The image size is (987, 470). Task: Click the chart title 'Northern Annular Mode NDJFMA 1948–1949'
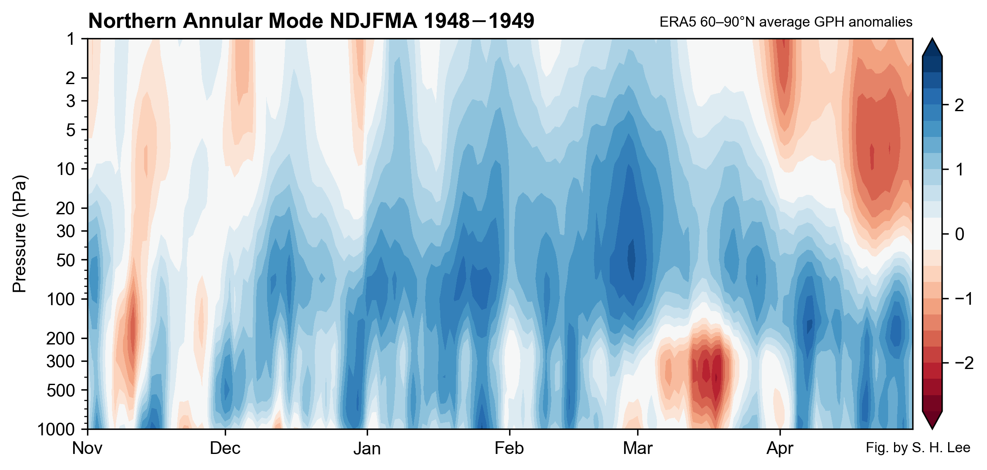[x=311, y=21]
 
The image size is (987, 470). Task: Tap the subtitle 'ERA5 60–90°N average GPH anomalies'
[x=785, y=22]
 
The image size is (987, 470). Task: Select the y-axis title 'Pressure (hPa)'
[x=19, y=233]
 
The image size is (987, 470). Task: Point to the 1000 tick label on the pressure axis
[x=56, y=429]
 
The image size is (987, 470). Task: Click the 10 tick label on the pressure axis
[x=65, y=169]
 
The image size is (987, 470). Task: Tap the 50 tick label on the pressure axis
[x=65, y=260]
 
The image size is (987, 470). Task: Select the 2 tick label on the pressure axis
[x=70, y=78]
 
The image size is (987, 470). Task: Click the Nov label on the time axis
[x=87, y=448]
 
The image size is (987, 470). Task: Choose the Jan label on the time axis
[x=367, y=448]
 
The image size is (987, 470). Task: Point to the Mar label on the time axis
[x=637, y=448]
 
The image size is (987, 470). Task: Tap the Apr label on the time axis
[x=780, y=448]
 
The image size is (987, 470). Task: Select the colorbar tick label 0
[x=959, y=234]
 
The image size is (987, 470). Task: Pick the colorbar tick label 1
[x=959, y=169]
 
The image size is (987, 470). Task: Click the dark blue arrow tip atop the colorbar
[x=932, y=47]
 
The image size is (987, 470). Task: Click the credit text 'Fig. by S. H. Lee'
[x=918, y=448]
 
